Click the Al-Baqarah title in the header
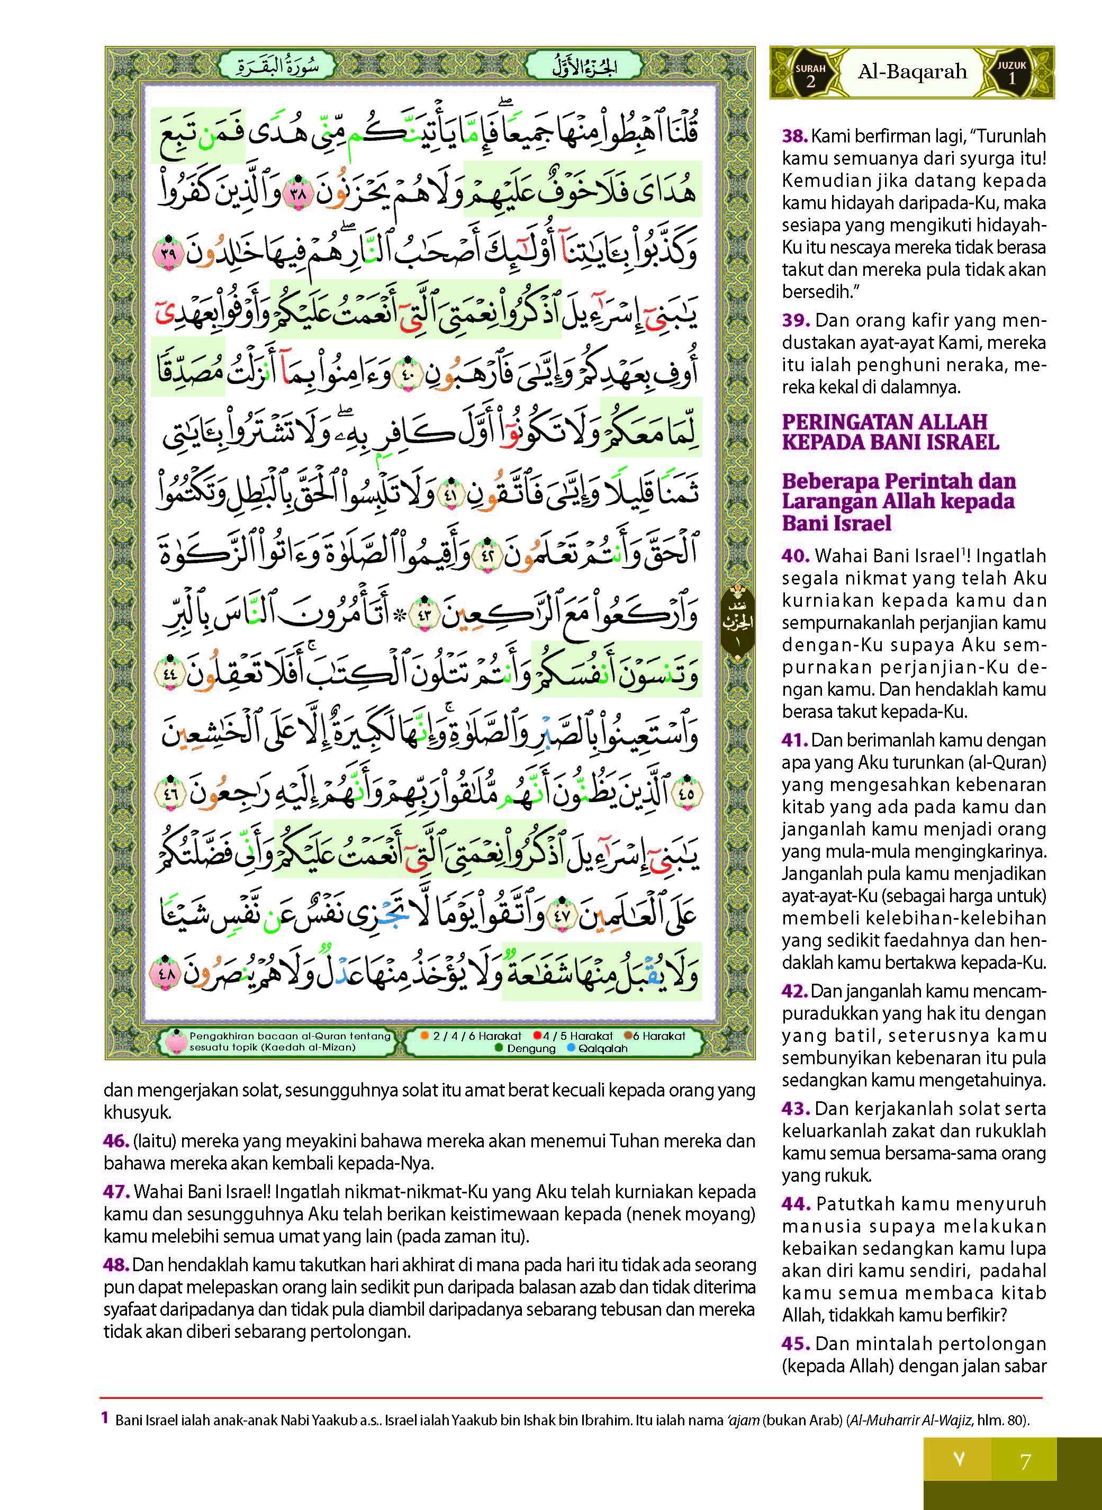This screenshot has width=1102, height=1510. click(x=912, y=72)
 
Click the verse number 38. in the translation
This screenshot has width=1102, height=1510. click(x=794, y=136)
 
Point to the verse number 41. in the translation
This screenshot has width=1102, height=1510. click(x=795, y=740)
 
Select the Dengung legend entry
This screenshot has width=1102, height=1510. click(x=527, y=1048)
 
